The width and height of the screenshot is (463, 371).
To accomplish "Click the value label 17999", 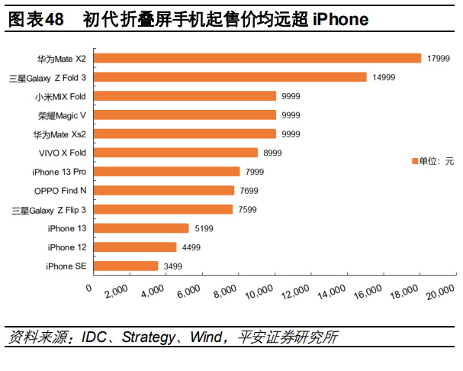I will pyautogui.click(x=439, y=58).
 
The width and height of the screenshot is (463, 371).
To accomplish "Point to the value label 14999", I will pyautogui.click(x=384, y=77).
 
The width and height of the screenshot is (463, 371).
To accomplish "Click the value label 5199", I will pyautogui.click(x=203, y=228).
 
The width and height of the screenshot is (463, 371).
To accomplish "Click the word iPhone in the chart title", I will pyautogui.click(x=339, y=18).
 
